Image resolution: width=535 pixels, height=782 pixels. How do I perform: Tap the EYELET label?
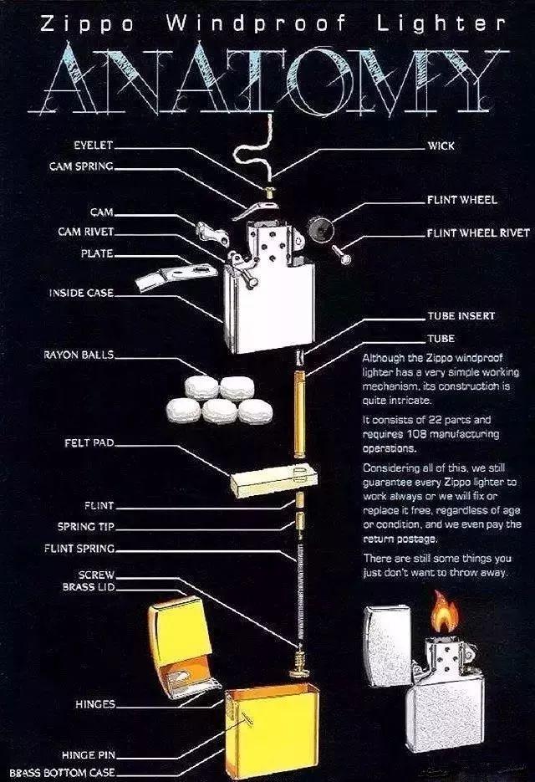93,145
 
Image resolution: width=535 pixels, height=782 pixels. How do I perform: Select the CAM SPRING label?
81,166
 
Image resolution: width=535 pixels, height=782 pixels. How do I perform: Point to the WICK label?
441,146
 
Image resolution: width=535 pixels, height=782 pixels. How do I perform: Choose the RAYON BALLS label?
79,355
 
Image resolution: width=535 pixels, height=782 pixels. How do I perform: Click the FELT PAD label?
89,442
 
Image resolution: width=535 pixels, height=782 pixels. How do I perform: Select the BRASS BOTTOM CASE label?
63,773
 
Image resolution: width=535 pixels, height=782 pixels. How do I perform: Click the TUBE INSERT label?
461,316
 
